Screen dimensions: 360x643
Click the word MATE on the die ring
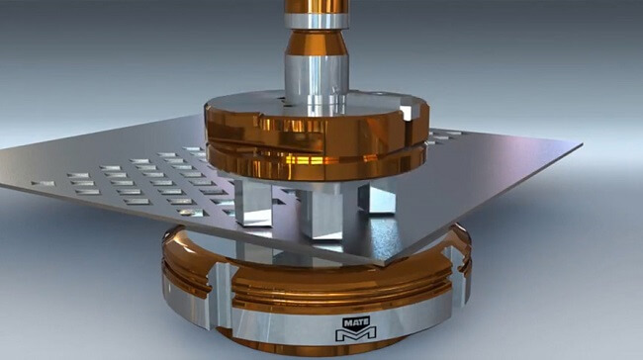click(x=355, y=321)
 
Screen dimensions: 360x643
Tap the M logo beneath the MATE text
click(x=355, y=335)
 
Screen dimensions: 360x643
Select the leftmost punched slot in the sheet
click(x=42, y=183)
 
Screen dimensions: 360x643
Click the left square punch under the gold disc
click(x=253, y=204)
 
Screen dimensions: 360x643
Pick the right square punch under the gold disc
click(x=377, y=196)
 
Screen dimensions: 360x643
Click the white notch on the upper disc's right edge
click(x=408, y=112)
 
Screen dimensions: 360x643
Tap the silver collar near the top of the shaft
click(x=315, y=20)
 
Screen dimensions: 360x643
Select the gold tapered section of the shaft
click(x=315, y=44)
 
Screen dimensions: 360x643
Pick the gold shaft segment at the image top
click(x=315, y=5)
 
